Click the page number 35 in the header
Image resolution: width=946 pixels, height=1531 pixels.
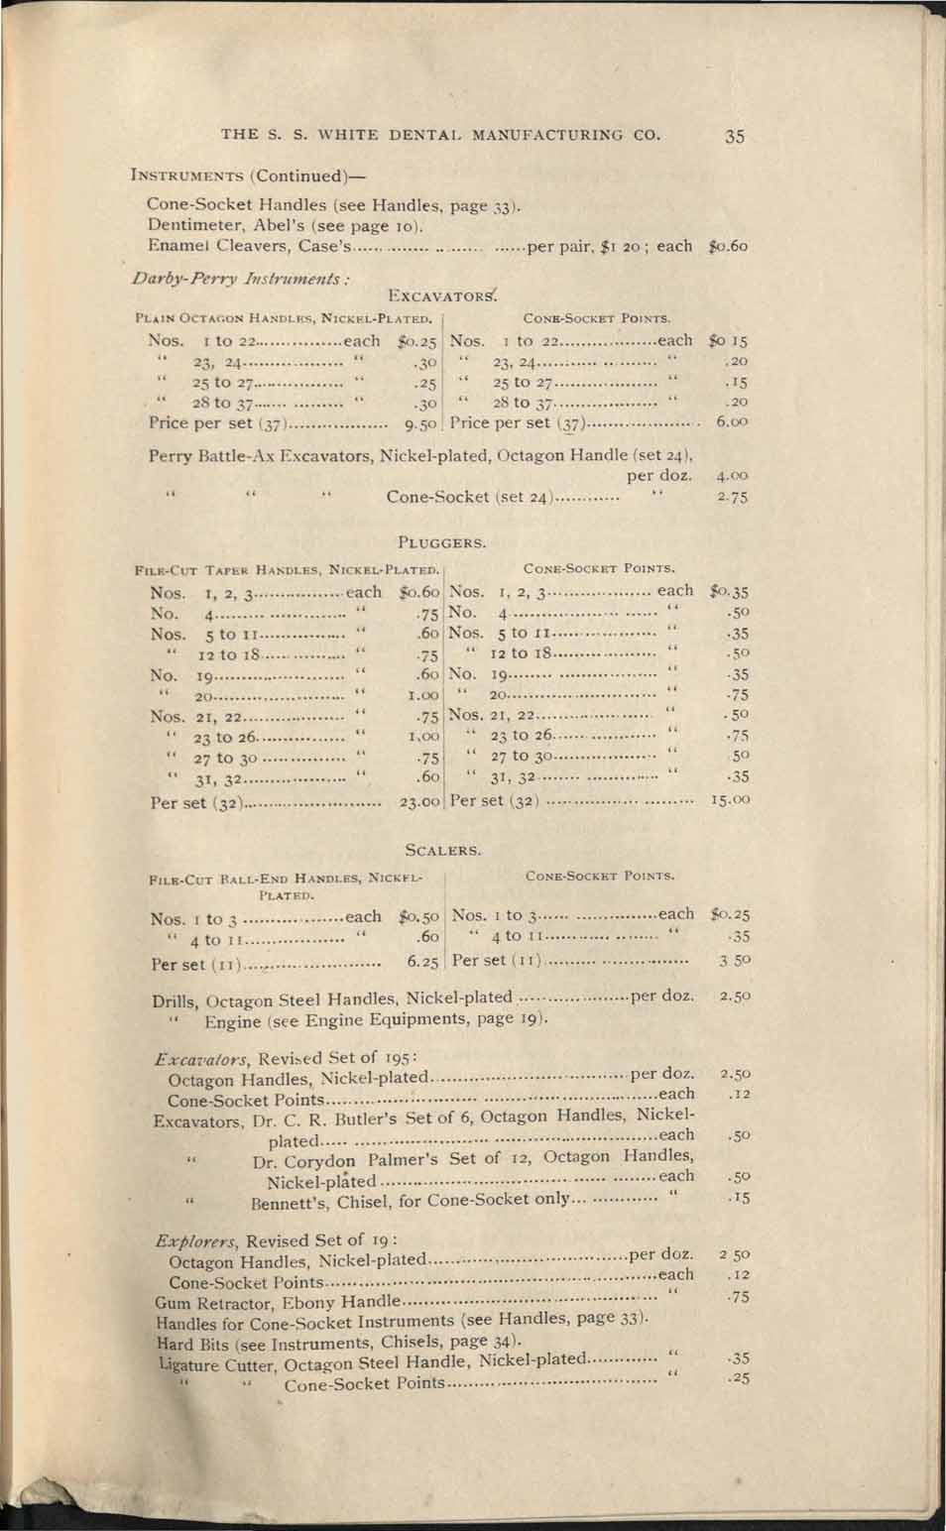[x=734, y=136]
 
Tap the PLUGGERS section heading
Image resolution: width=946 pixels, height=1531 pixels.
[x=441, y=542]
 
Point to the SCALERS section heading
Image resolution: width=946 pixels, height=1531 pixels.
[x=443, y=850]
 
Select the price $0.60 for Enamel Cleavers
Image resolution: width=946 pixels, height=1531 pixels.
[x=729, y=246]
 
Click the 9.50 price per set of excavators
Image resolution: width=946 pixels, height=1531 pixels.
[x=420, y=423]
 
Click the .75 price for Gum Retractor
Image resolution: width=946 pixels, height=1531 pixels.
[x=735, y=1298]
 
